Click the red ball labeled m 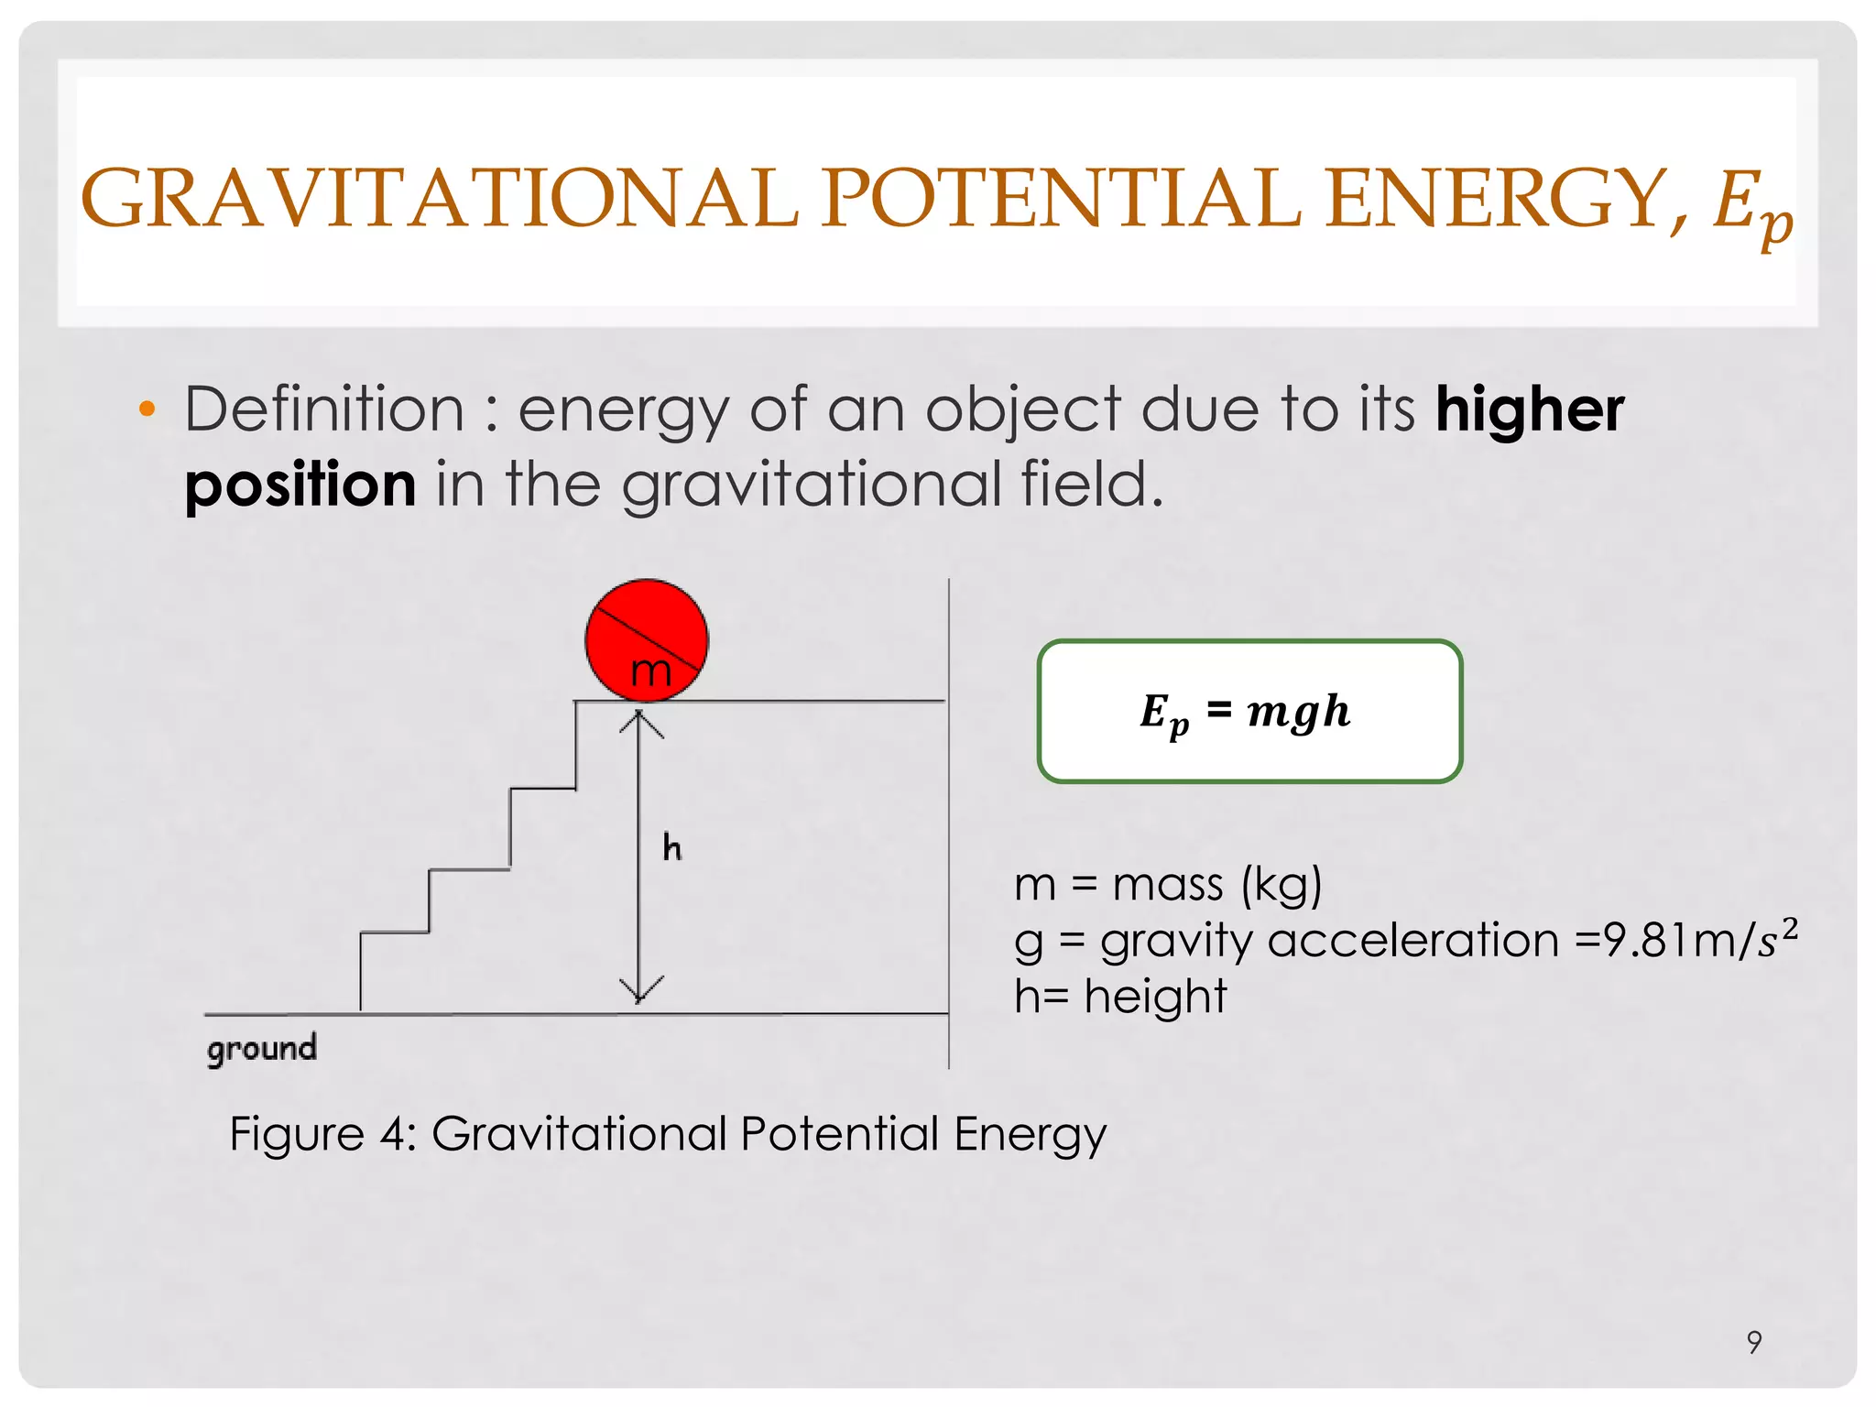(647, 639)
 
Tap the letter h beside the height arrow (672, 848)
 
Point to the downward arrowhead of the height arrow (640, 991)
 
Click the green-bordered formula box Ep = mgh (1249, 712)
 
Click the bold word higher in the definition (1530, 409)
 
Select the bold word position (300, 485)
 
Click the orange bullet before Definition (147, 409)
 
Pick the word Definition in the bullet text (325, 409)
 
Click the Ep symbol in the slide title (1751, 206)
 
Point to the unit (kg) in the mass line (1282, 886)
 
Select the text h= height (1120, 997)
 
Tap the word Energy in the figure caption (1030, 1135)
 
